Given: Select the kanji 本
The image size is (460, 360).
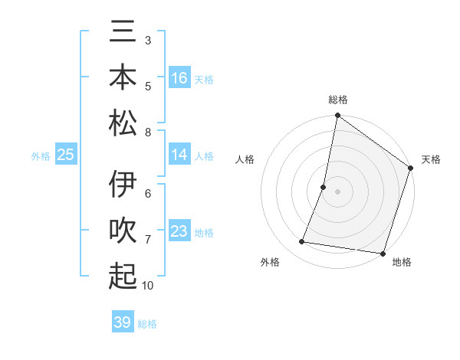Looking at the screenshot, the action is tap(123, 78).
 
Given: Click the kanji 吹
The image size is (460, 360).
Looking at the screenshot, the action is tap(123, 231).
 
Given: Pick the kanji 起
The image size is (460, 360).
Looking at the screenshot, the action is tap(123, 276).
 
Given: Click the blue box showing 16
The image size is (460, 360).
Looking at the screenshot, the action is tap(179, 78).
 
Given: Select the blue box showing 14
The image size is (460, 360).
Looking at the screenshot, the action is tap(179, 155).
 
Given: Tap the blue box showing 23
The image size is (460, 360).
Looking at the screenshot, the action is tap(179, 231).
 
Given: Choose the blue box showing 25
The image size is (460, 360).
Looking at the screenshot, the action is tap(66, 155).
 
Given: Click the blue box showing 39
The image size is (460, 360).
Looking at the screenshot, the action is tap(122, 322).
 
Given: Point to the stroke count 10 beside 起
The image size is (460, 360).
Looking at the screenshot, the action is tap(148, 286).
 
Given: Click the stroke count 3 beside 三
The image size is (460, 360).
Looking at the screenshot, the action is tap(148, 38).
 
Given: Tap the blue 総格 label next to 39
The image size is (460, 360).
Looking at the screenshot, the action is tap(147, 324).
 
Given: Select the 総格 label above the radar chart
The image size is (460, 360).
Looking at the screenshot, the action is tap(337, 100).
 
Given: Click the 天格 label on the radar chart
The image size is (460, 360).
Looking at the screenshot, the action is tap(431, 159).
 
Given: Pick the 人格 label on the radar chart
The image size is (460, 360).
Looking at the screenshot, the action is tap(245, 159).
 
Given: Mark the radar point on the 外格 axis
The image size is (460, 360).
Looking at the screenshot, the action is tap(302, 242).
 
